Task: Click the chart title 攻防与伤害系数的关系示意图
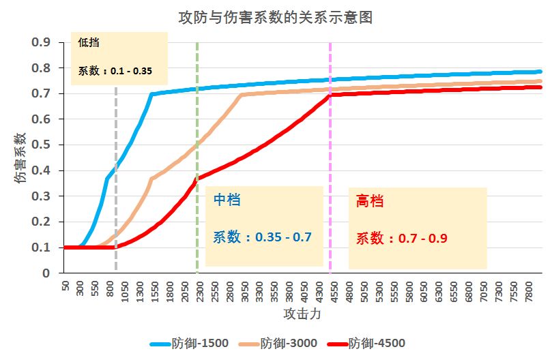click(275, 16)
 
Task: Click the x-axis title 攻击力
click(302, 314)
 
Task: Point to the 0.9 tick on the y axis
click(42, 42)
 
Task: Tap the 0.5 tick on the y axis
click(42, 145)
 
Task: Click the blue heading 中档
click(227, 200)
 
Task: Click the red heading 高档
click(370, 201)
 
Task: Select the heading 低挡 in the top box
click(88, 42)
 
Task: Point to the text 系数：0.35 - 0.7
click(263, 237)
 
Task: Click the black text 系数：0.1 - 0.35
click(115, 70)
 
